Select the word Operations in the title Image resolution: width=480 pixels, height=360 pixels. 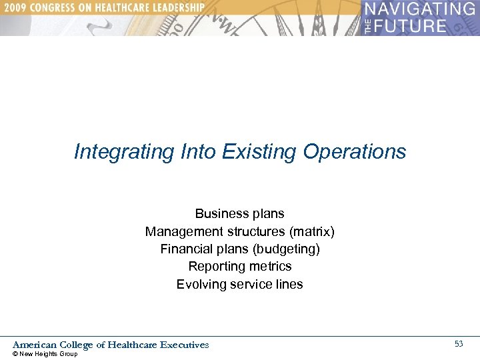(354, 152)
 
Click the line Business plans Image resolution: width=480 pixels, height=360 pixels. (240, 214)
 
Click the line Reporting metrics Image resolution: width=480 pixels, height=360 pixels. (240, 267)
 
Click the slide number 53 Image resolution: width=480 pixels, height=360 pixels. (459, 344)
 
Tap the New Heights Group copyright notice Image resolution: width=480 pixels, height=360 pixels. (45, 354)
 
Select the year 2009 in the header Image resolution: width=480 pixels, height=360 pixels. (15, 7)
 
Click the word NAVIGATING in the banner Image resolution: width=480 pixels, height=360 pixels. (420, 10)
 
